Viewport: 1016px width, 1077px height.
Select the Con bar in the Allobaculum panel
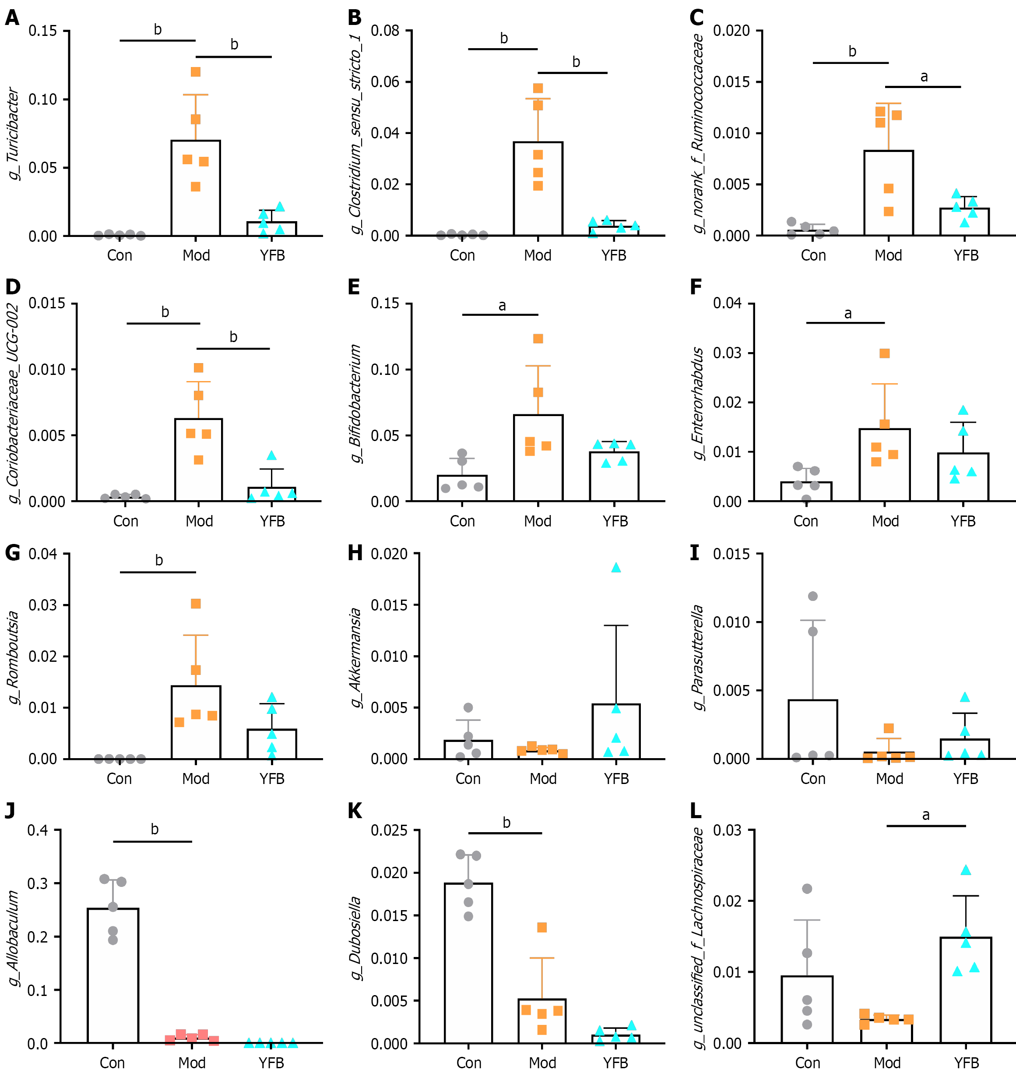(x=112, y=975)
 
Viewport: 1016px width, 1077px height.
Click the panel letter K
(x=355, y=811)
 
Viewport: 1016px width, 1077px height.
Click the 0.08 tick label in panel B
(x=385, y=31)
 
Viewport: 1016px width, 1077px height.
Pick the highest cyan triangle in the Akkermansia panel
(x=616, y=568)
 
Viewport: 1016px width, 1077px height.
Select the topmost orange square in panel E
(x=538, y=339)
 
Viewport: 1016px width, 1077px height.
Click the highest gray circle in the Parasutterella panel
(x=812, y=596)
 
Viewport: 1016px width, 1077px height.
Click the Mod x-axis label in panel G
(x=196, y=778)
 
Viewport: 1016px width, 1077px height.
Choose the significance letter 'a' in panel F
(x=847, y=314)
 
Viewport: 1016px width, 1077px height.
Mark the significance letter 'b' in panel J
(x=155, y=829)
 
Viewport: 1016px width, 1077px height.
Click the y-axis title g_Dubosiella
(x=355, y=938)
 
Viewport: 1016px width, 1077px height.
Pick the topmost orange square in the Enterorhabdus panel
(x=884, y=353)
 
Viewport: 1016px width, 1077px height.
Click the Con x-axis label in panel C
(x=813, y=255)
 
